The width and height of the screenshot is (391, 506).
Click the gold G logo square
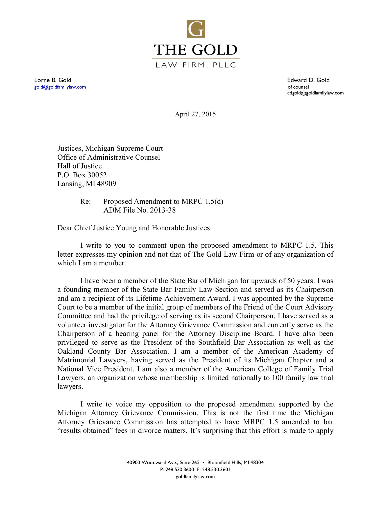pyautogui.click(x=196, y=29)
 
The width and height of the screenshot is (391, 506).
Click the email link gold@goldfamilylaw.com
pyautogui.click(x=60, y=87)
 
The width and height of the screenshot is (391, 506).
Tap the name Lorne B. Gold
pyautogui.click(x=53, y=80)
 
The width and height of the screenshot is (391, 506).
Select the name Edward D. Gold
pyautogui.click(x=308, y=80)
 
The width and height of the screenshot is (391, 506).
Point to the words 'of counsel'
pyautogui.click(x=298, y=87)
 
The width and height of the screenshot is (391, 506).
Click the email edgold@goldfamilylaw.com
pyautogui.click(x=315, y=93)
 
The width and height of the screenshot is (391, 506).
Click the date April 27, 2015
pyautogui.click(x=195, y=114)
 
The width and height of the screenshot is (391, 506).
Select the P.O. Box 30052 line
pyautogui.click(x=82, y=175)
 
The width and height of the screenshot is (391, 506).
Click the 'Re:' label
pyautogui.click(x=85, y=202)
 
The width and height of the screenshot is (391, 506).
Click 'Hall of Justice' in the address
pyautogui.click(x=80, y=166)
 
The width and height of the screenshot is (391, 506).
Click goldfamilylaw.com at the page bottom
pyautogui.click(x=195, y=476)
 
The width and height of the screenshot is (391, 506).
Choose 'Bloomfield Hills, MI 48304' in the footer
pyautogui.click(x=236, y=462)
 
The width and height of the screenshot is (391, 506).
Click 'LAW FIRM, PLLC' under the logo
pyautogui.click(x=196, y=65)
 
